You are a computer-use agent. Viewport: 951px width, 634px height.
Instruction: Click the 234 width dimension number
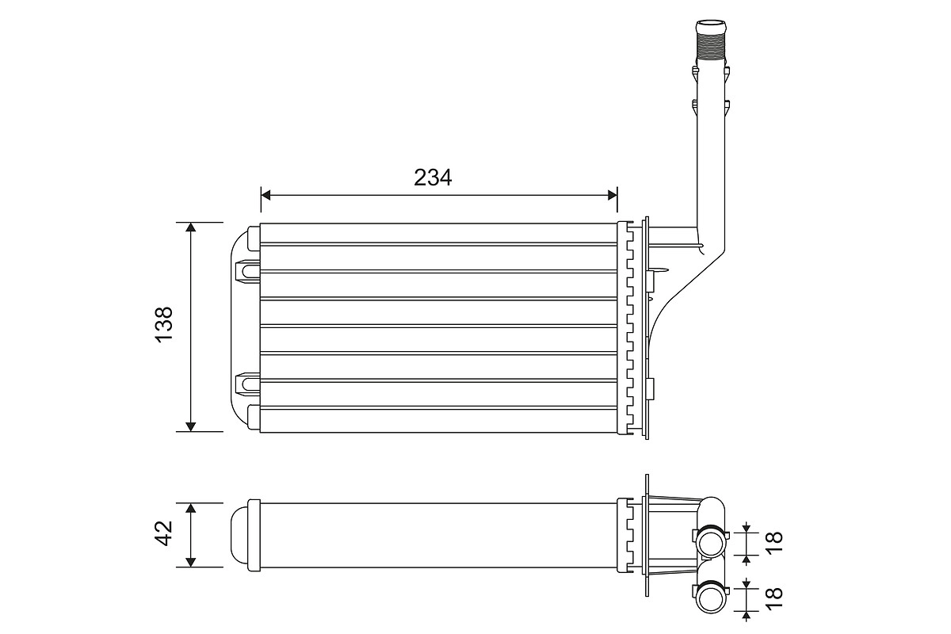(433, 178)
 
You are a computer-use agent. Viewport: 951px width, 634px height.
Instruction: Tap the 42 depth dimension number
(164, 533)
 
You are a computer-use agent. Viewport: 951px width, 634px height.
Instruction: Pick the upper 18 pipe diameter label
(774, 540)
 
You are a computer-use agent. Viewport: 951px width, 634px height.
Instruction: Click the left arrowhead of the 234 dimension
(266, 195)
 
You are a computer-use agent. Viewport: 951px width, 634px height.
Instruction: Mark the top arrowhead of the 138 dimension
(190, 227)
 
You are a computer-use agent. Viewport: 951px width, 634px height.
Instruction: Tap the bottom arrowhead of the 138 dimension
(190, 426)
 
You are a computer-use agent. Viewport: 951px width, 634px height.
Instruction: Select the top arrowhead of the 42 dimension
(190, 508)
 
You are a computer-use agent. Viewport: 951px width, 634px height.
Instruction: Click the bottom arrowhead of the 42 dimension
(190, 562)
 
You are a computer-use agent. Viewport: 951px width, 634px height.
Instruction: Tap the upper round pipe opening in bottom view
(712, 543)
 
